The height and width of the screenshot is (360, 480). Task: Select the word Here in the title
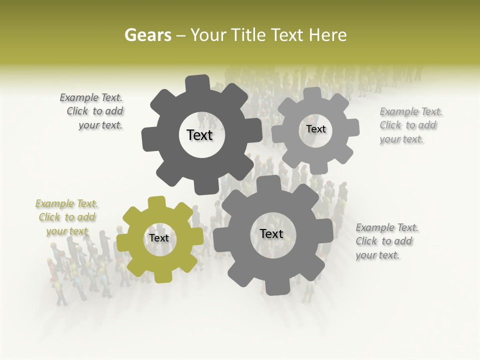327,35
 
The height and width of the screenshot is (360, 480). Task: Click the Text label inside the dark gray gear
199,135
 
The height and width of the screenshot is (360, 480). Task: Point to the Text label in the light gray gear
315,129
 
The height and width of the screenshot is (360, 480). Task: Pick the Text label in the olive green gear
158,238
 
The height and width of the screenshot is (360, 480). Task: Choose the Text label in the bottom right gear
271,233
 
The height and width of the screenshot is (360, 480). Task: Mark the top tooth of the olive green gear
156,202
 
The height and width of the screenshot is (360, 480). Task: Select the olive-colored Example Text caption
67,217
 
